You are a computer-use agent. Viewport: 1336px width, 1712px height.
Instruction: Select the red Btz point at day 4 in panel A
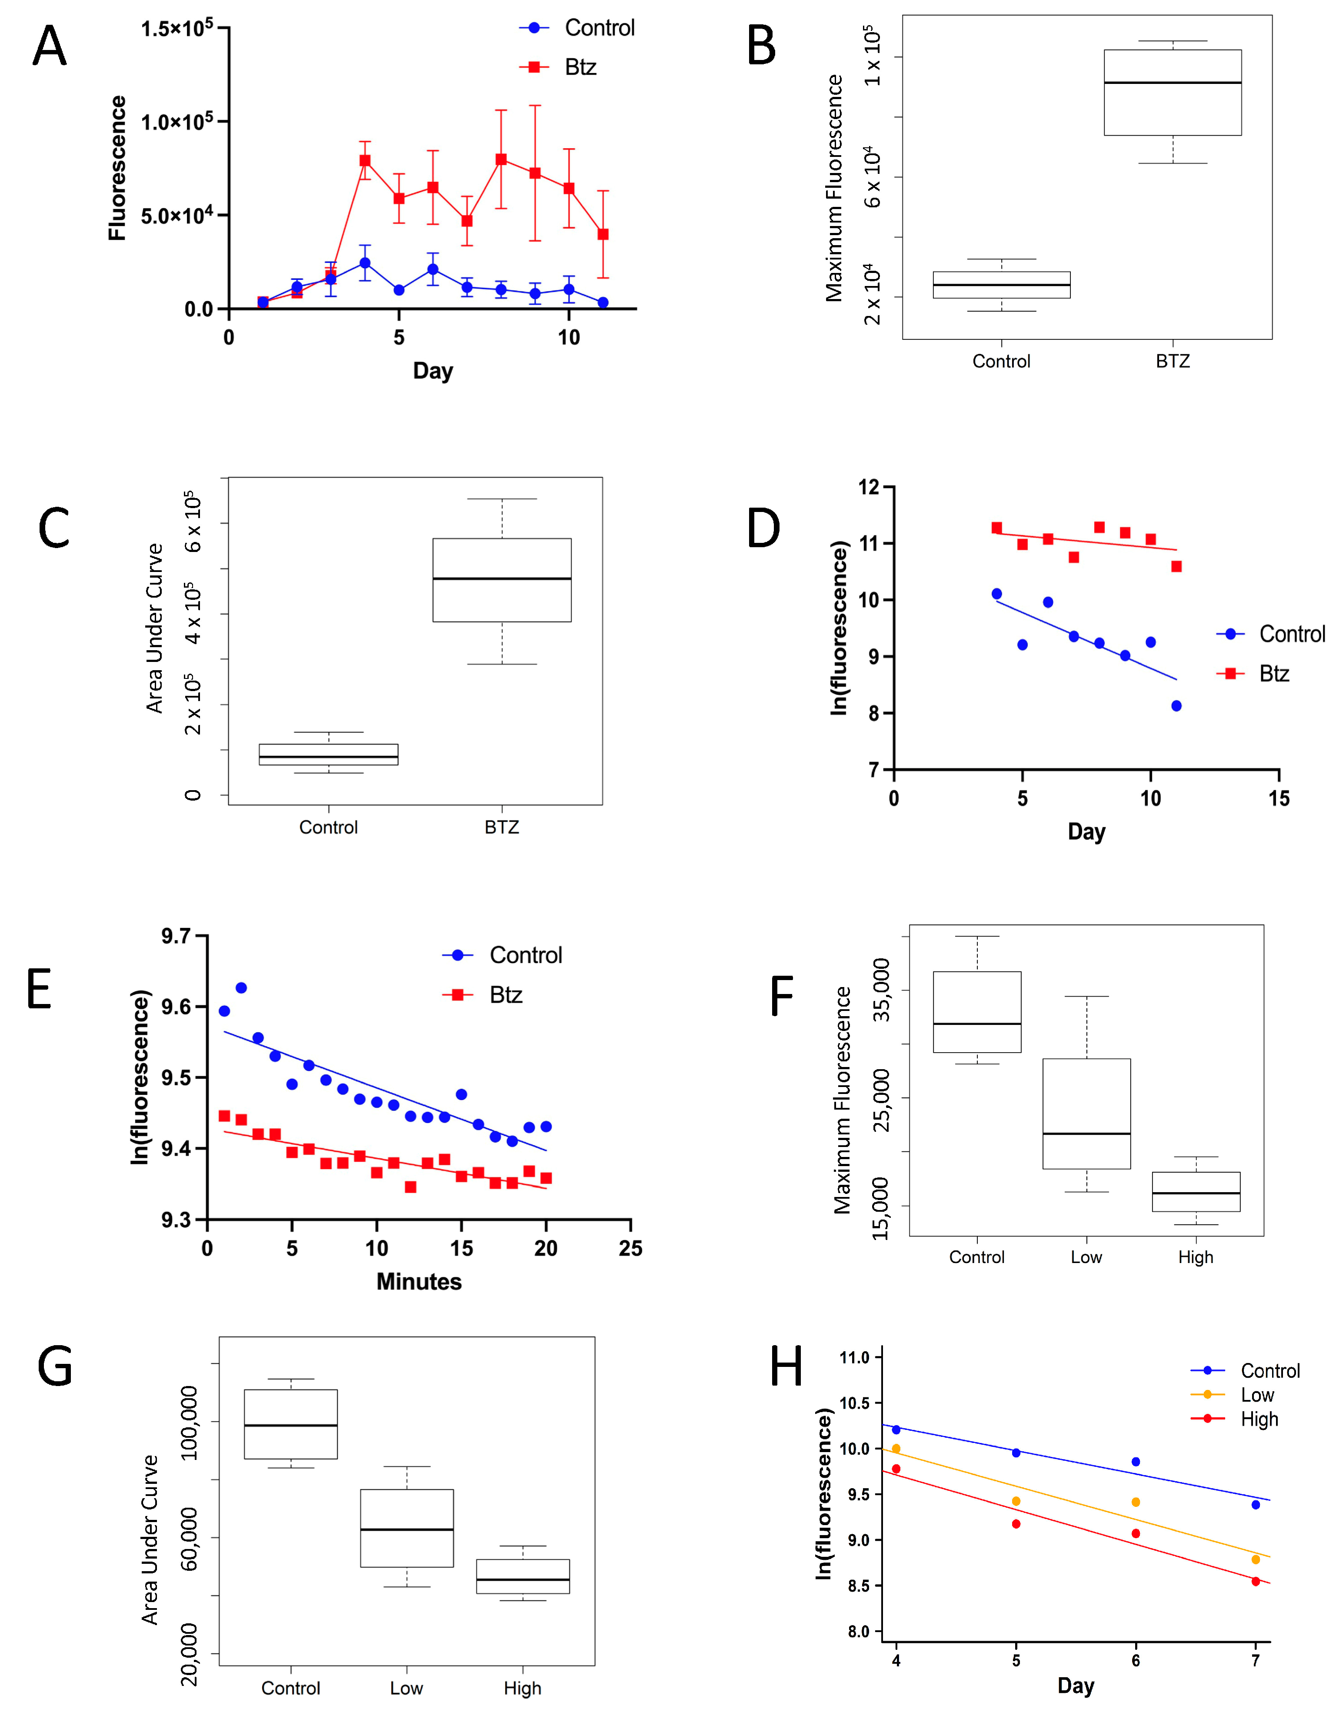tap(365, 161)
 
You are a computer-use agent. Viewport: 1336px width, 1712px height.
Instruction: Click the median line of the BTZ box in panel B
tap(1172, 82)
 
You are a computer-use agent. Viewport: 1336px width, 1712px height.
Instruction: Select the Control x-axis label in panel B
tap(1001, 361)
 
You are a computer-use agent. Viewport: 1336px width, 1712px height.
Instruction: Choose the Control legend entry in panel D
tap(1290, 634)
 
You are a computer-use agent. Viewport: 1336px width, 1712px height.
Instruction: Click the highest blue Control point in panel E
tap(241, 987)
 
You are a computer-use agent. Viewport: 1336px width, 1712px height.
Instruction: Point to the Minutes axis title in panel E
tap(419, 1282)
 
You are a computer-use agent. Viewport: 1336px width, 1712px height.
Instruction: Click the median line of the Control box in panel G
tap(291, 1425)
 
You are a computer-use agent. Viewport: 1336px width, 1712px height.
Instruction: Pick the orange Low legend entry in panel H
tap(1257, 1395)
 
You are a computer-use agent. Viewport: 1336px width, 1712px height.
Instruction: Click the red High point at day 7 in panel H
tap(1255, 1581)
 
